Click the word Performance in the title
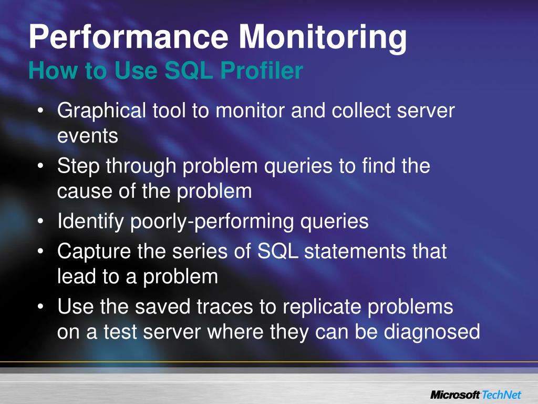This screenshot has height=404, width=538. [129, 38]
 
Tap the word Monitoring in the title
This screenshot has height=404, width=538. [323, 38]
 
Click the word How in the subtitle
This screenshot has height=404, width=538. [49, 71]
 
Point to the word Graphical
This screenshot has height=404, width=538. [102, 111]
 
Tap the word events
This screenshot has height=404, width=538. [88, 136]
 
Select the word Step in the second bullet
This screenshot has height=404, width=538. [79, 167]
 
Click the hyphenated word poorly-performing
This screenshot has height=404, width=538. [213, 221]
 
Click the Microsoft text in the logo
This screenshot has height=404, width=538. [455, 395]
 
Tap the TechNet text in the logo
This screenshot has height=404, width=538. [503, 395]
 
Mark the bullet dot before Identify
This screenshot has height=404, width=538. [41, 222]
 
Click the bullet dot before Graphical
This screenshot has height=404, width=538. [41, 112]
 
